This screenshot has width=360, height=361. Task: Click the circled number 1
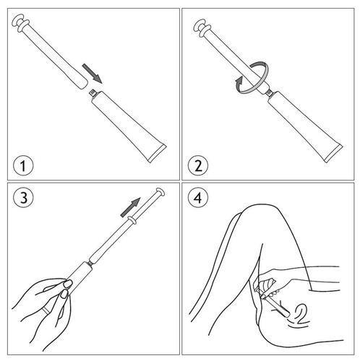coord(23,166)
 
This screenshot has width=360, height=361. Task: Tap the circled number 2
coord(198,166)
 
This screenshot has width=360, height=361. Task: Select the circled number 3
coord(23,198)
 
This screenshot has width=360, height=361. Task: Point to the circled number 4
coord(198,198)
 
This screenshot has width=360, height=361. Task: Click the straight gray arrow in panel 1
coord(92,74)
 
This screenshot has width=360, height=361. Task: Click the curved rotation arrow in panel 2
coord(252,77)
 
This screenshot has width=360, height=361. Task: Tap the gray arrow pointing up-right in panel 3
coord(130,207)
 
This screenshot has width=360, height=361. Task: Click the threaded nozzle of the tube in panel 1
coord(93,93)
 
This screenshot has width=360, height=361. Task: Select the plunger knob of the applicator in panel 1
coord(20,23)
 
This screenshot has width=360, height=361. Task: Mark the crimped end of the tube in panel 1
coord(157,153)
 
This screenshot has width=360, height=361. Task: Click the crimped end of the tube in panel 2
coord(333,153)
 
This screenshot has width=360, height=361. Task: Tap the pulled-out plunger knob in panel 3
coord(160,192)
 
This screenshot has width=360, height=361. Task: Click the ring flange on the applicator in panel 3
coord(132,219)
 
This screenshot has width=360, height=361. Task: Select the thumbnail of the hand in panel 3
coord(68,284)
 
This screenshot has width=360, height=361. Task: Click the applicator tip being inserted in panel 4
coord(286,313)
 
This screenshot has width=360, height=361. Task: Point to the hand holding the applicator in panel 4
coord(270,284)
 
